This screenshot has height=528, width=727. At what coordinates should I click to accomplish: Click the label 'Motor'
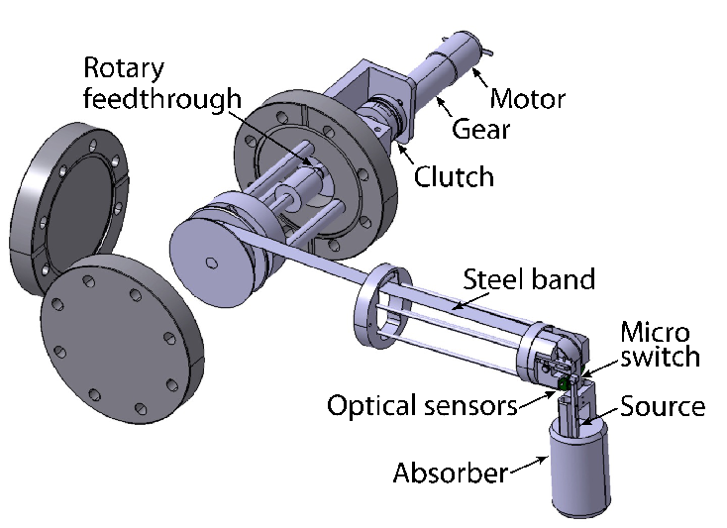coord(528,100)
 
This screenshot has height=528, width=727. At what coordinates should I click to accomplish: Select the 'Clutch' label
coord(453,176)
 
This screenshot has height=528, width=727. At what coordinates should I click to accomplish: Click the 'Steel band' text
coord(529,279)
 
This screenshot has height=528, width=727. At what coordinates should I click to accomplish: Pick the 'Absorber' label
coord(451,473)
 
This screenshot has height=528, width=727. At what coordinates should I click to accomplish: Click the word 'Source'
coord(663,406)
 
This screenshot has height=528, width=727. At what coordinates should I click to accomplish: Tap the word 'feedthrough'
coord(162,98)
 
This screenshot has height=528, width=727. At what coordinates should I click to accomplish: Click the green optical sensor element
coord(564,382)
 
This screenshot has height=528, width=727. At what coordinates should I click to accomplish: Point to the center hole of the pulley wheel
coord(210,262)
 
